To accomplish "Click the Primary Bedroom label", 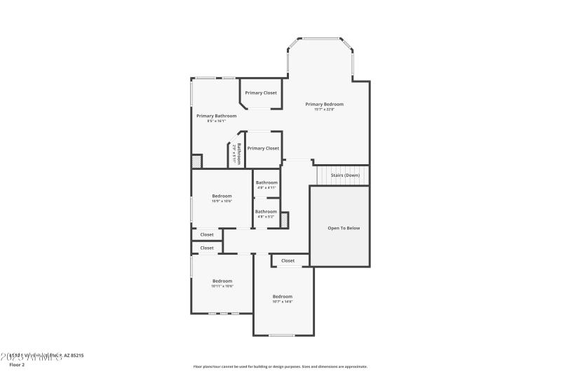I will tap(324, 104).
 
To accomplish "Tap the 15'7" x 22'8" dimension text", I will tap(324, 109).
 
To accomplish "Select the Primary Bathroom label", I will tap(216, 116).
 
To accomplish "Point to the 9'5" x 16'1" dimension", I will tap(216, 121).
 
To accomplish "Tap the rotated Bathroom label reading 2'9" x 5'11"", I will tap(237, 154).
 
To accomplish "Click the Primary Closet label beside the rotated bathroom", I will tap(263, 148).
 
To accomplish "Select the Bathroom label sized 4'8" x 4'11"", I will tap(266, 182).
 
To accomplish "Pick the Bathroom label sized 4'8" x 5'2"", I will tap(266, 211).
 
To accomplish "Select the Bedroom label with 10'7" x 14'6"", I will tap(283, 296).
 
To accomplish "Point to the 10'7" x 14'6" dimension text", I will tap(283, 302).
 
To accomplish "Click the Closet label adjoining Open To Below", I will tap(288, 260).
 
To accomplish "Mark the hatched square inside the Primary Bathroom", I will tap(197, 161).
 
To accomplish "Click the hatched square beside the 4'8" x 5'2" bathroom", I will tap(284, 220).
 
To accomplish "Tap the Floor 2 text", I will tap(17, 365).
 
